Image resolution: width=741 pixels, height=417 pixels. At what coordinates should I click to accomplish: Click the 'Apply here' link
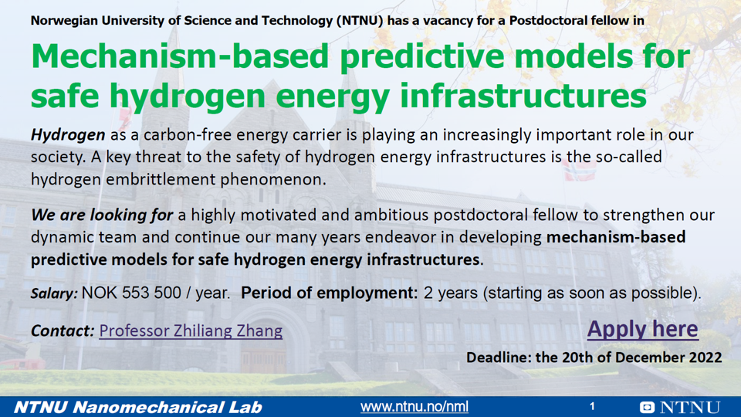coord(642,329)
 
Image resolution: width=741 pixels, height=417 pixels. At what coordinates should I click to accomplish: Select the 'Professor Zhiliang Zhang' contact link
coord(191,331)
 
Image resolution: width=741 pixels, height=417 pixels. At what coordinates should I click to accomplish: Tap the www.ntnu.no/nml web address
coord(414,407)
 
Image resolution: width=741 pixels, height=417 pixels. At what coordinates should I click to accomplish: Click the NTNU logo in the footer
coord(680,407)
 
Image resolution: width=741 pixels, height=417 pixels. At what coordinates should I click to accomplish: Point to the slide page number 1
coord(592,406)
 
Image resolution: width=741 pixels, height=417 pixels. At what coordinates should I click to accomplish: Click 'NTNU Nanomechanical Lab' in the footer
coord(137,407)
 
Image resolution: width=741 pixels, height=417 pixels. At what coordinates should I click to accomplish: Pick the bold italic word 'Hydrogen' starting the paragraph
coord(68,135)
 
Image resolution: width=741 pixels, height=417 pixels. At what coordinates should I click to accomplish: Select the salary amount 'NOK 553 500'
coord(131,293)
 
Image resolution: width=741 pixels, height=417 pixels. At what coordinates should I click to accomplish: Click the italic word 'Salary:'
coord(54,293)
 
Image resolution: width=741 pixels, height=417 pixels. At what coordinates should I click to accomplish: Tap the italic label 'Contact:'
coord(63,331)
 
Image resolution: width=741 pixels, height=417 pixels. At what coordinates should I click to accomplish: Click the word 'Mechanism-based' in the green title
coord(180,56)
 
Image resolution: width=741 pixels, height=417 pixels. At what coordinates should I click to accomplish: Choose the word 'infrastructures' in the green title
coord(523,96)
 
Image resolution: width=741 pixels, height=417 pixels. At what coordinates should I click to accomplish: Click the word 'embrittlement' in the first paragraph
coord(160,180)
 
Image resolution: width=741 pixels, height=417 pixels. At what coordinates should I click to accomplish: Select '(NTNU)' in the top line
coord(360,20)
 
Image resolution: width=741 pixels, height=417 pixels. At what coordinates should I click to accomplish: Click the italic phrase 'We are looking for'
coord(102,215)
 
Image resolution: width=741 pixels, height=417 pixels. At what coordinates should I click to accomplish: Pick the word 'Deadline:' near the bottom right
coord(499,358)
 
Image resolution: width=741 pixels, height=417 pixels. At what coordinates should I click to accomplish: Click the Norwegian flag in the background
coord(579,169)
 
